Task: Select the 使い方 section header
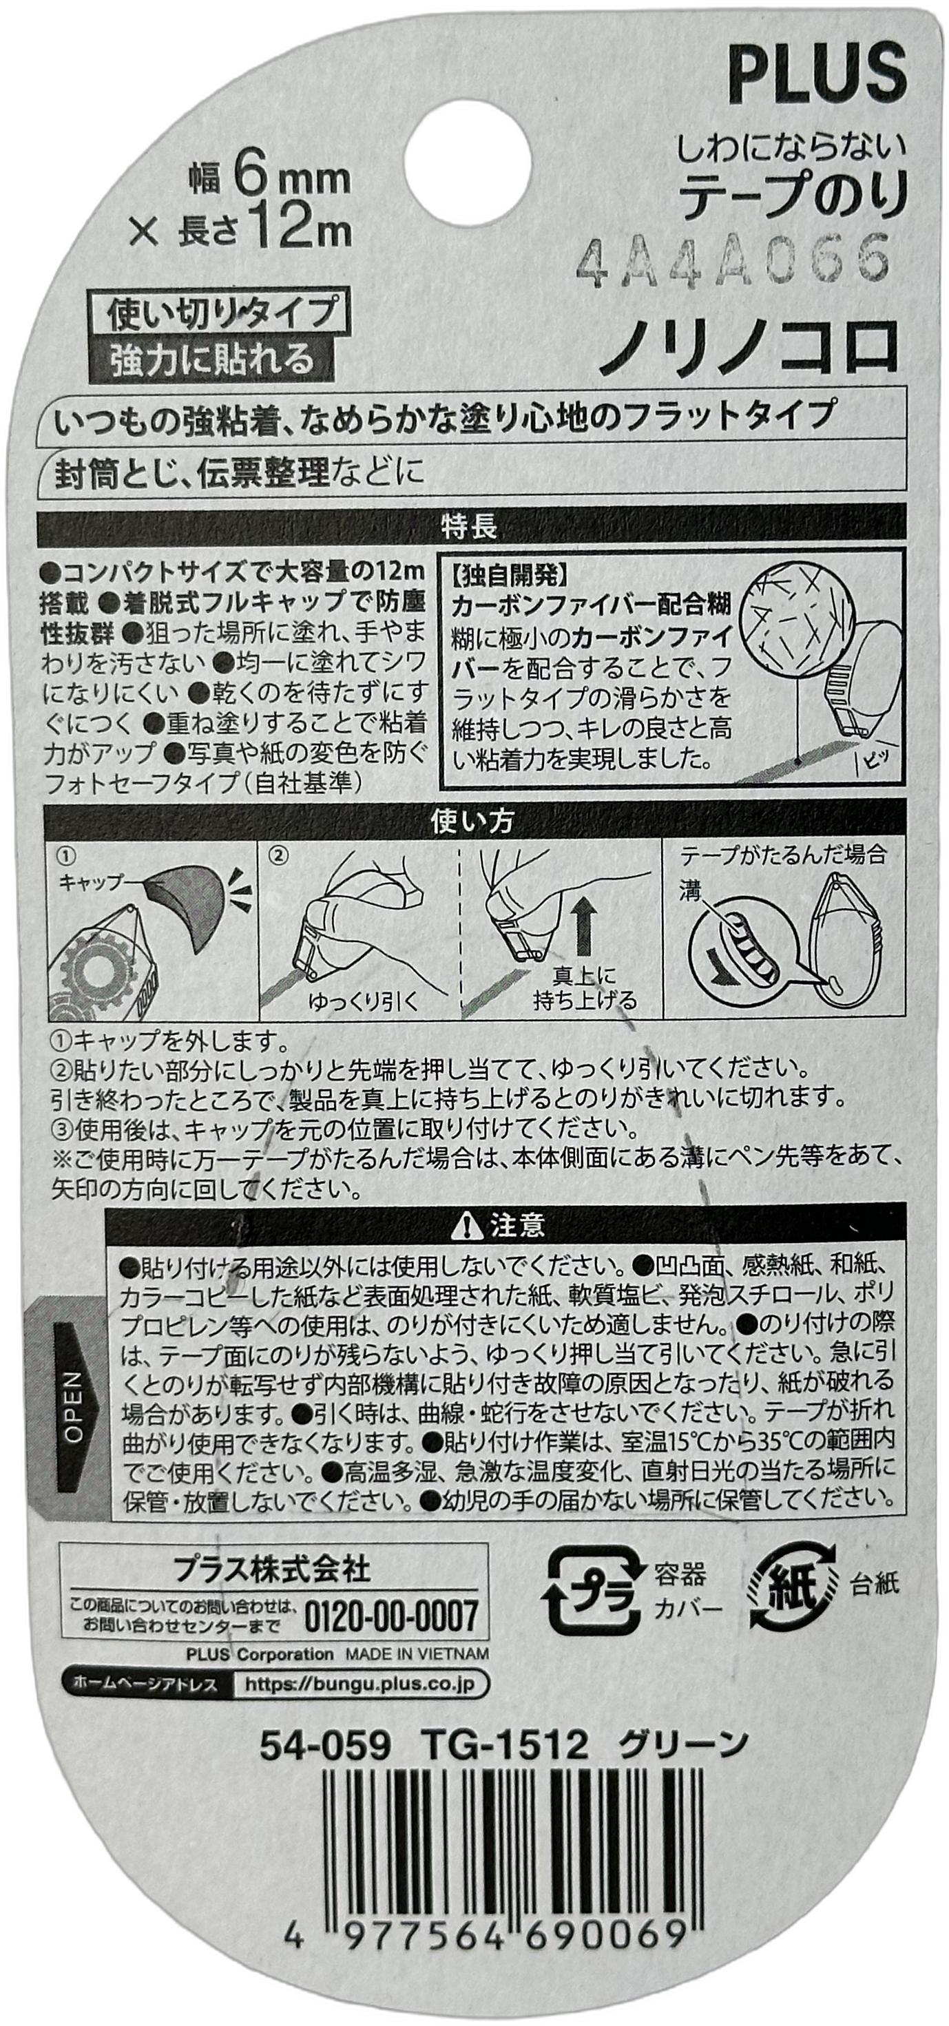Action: click(472, 821)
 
